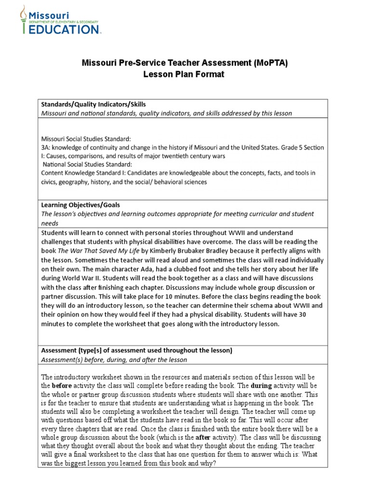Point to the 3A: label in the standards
(46, 147)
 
